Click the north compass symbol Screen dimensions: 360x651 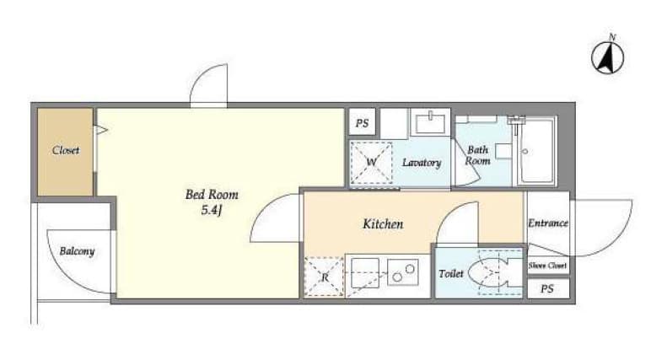tap(608, 57)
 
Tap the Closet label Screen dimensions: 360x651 tap(66, 151)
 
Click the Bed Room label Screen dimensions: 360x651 tap(206, 195)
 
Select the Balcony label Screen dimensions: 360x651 tap(77, 251)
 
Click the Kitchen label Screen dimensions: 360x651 tap(382, 224)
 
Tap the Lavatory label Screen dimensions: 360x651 tap(422, 162)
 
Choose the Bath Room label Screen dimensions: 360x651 tap(478, 156)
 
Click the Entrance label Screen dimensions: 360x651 tap(548, 223)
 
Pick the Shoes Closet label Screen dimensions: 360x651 tap(548, 266)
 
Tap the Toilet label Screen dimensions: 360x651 tap(451, 274)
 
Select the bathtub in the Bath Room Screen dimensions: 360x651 tap(535, 152)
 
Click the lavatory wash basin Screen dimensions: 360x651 tap(430, 123)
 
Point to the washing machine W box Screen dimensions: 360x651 tap(369, 161)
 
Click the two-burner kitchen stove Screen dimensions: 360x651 tap(403, 272)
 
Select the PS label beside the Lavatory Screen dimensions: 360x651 tap(363, 123)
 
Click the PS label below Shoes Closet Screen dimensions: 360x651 tap(548, 288)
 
